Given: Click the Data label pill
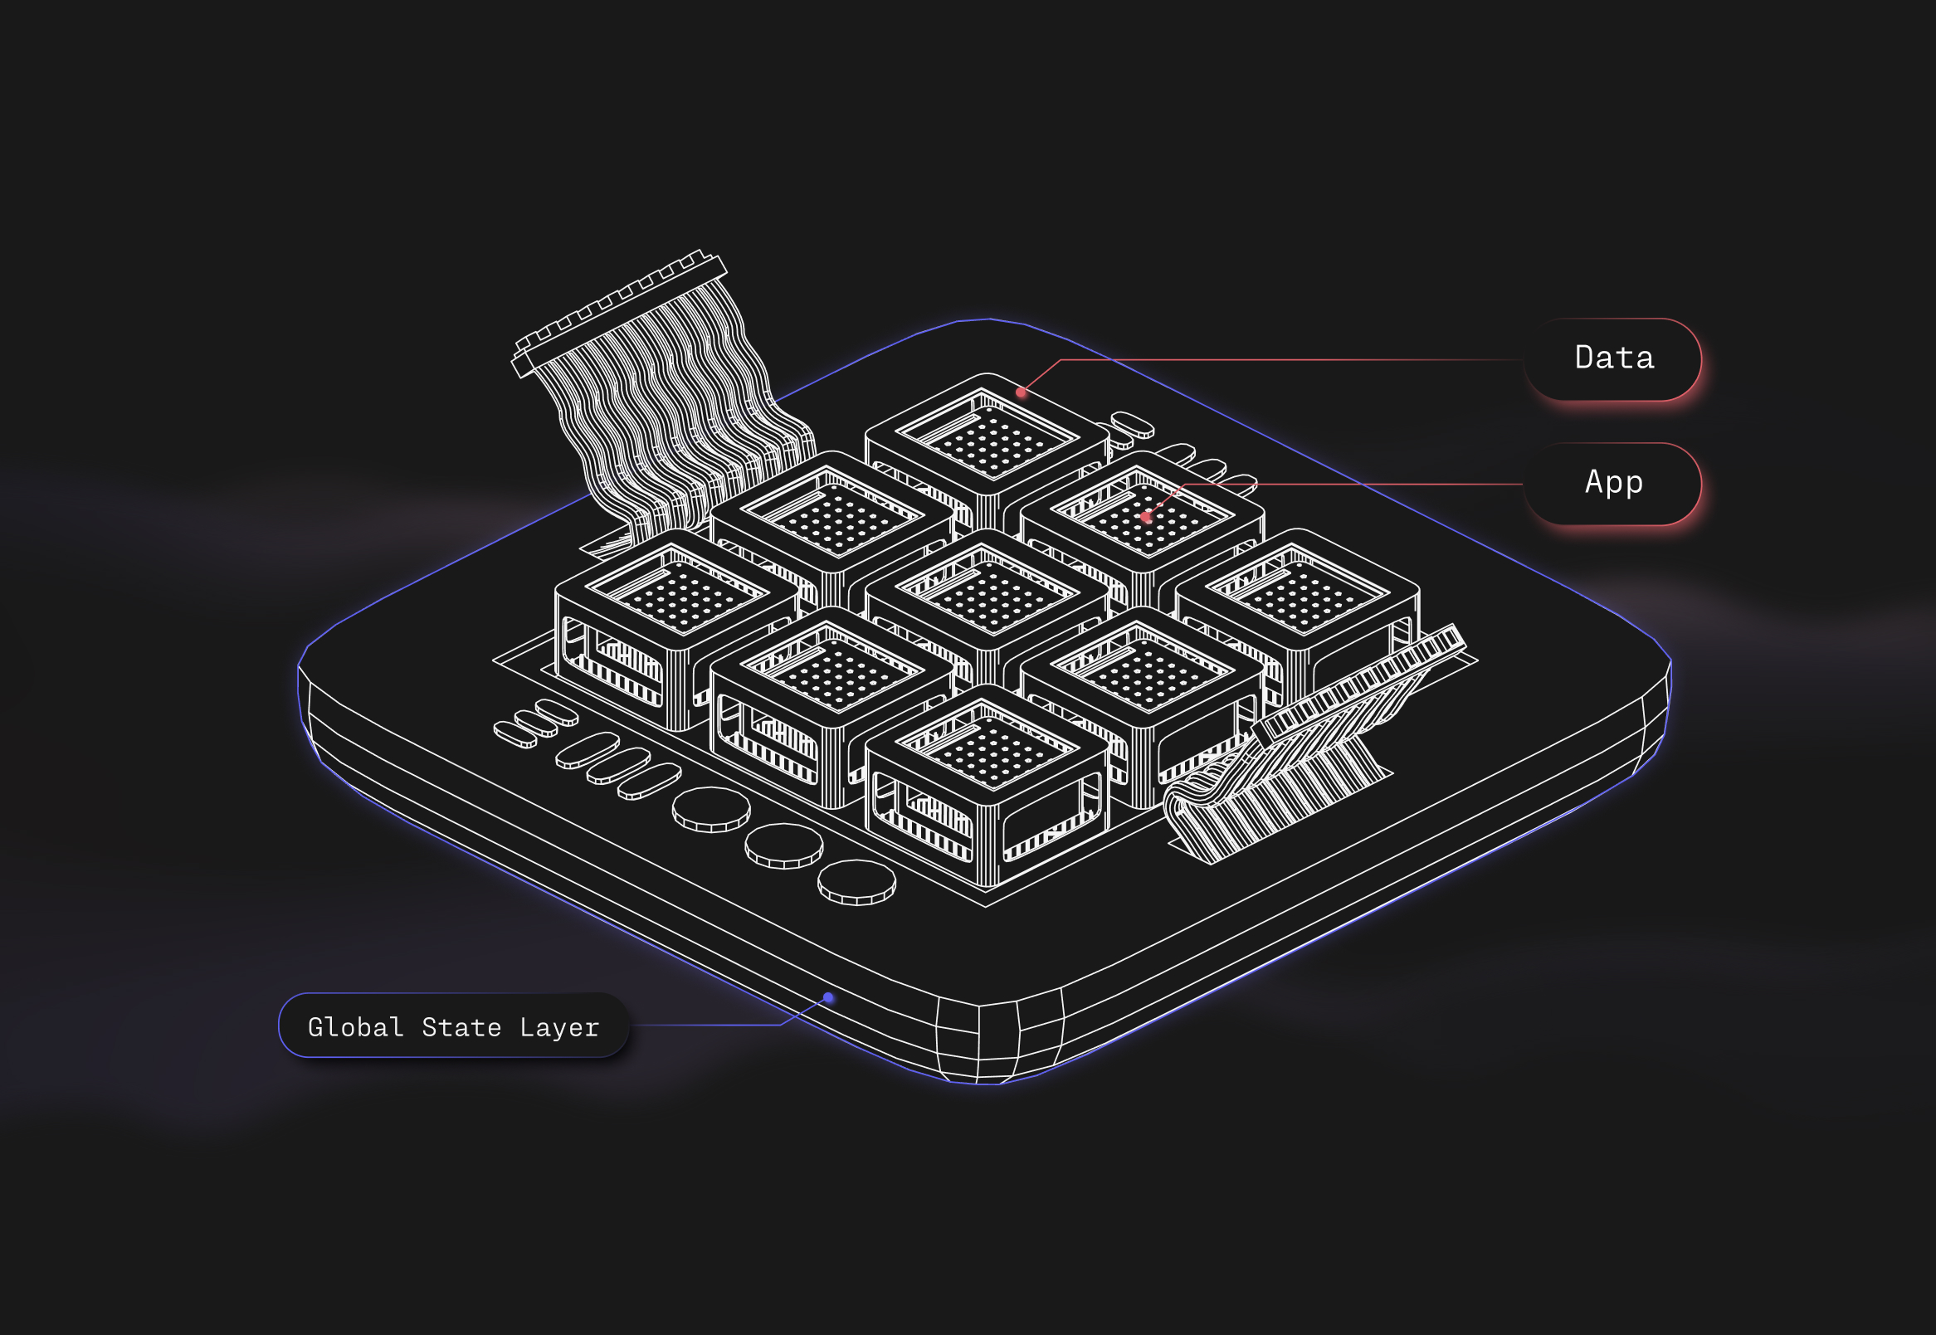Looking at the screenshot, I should pos(1612,358).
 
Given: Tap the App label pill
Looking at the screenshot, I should pos(1612,484).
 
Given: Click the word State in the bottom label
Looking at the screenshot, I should pos(461,1027).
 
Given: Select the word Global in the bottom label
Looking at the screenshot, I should pos(355,1027).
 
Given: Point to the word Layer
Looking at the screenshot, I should pos(558,1027).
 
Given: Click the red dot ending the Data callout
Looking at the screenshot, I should pos(1021,392).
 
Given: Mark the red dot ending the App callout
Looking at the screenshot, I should pos(1145,517).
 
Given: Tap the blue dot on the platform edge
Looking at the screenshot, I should pos(828,997).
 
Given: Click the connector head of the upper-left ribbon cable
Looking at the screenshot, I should pos(619,313).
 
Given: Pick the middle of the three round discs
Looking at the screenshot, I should pos(784,845).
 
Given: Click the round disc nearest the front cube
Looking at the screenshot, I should pos(856,883).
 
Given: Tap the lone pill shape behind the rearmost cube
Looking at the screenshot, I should pos(1133,425).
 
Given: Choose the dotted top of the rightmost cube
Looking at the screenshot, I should pos(1300,595).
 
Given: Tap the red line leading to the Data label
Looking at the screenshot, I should pos(1289,360).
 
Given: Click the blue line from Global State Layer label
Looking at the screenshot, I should pos(711,1025).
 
